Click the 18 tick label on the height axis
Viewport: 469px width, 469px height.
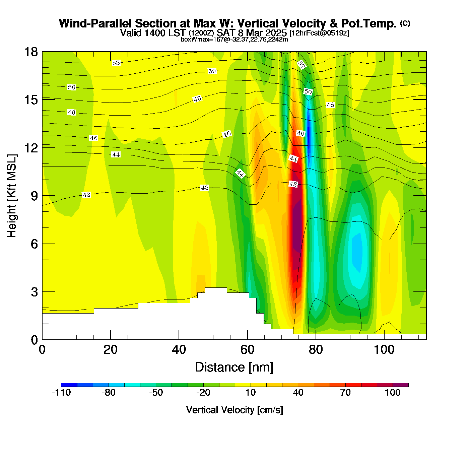[30, 52]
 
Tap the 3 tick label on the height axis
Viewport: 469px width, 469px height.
[35, 292]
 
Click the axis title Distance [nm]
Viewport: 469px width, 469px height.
[234, 367]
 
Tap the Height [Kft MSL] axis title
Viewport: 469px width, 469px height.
[12, 196]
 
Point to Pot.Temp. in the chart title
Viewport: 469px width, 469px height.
[368, 23]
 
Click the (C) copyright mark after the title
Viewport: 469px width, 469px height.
[405, 23]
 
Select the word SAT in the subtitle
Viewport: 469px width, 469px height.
[225, 33]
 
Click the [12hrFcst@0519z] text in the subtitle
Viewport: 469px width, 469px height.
[319, 33]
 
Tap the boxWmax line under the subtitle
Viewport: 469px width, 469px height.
[234, 40]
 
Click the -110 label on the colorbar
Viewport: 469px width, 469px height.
[61, 393]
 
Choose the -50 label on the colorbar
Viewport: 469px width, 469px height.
[156, 393]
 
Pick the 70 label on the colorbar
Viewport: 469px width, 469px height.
[345, 393]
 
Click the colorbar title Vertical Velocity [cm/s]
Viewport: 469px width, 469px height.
[234, 410]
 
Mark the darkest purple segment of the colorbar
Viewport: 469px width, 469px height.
[401, 385]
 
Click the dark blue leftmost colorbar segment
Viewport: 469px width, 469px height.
[69, 385]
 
